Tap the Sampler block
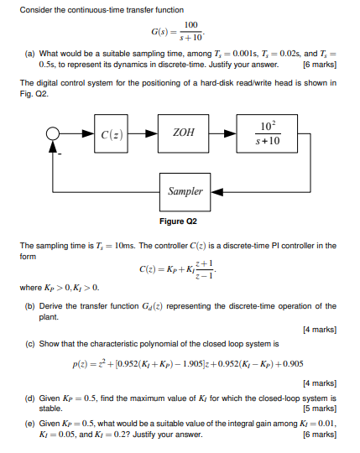185,191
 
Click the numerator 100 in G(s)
190,26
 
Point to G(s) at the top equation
160,33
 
